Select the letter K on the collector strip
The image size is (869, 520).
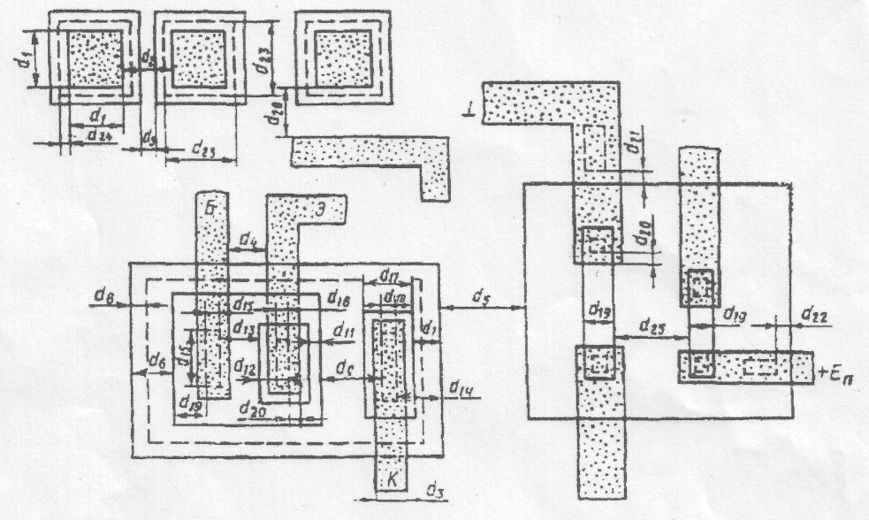[391, 478]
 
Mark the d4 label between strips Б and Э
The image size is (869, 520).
[248, 241]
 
